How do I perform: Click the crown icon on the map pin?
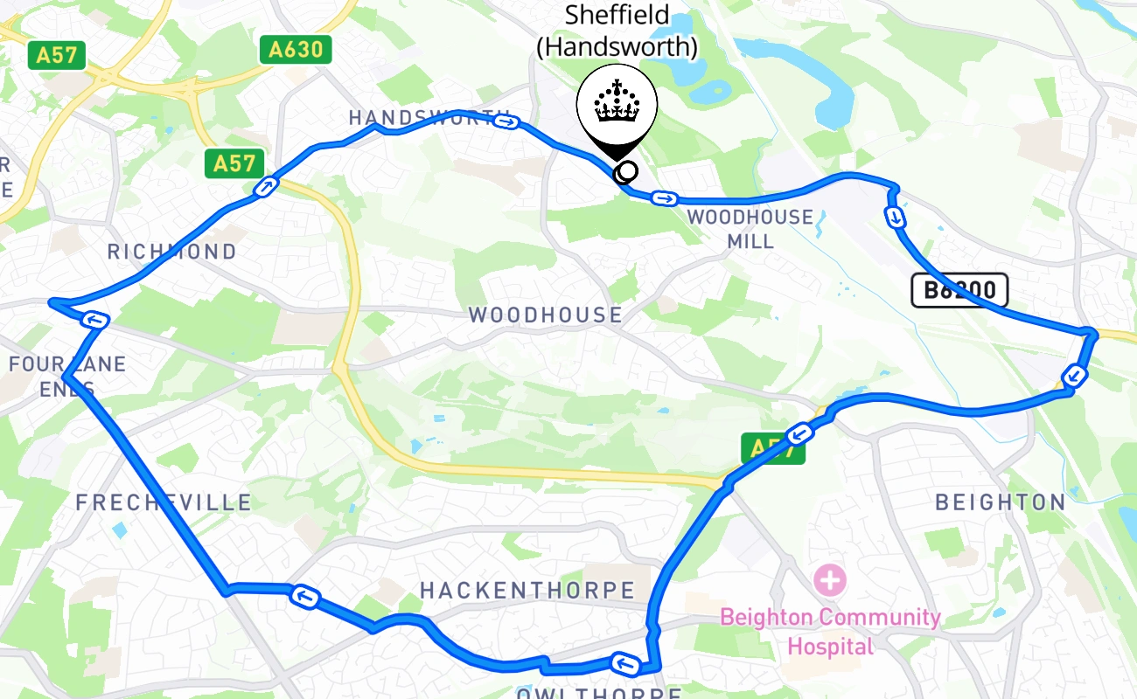[x=617, y=105]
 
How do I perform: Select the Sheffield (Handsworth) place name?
[x=617, y=31]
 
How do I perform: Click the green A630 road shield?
[x=296, y=49]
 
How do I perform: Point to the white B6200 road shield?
[x=959, y=290]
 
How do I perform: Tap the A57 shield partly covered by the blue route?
[x=772, y=449]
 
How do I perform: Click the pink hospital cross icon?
[x=829, y=578]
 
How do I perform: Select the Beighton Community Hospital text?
[x=830, y=632]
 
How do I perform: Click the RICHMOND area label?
[x=171, y=252]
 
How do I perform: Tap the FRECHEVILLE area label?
[x=164, y=502]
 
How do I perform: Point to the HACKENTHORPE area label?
[x=527, y=591]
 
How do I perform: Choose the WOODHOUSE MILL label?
[x=750, y=229]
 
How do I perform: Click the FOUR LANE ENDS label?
[x=67, y=376]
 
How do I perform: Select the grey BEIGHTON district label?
[x=1001, y=502]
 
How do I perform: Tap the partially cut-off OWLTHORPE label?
[x=598, y=692]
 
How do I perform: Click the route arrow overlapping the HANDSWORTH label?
[x=506, y=121]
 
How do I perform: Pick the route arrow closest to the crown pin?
[x=664, y=199]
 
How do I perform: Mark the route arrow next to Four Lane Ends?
[x=94, y=319]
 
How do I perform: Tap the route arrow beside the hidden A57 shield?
[x=799, y=433]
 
